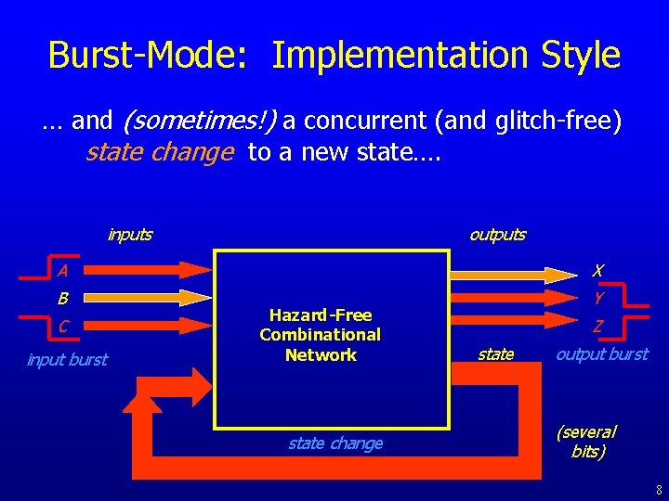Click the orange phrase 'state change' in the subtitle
click(x=159, y=151)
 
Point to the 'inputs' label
click(x=129, y=235)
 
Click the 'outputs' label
click(x=497, y=235)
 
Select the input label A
click(x=61, y=271)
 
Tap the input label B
click(x=62, y=299)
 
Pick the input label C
click(x=62, y=326)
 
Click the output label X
click(x=598, y=271)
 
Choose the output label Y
click(x=598, y=298)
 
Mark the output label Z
click(x=598, y=326)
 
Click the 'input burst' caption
click(x=67, y=360)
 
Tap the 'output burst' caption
click(x=602, y=354)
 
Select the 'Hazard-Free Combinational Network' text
click(x=321, y=335)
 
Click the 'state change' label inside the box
click(x=334, y=443)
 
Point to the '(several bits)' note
click(x=586, y=442)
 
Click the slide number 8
click(x=656, y=488)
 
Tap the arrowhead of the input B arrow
click(x=196, y=297)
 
